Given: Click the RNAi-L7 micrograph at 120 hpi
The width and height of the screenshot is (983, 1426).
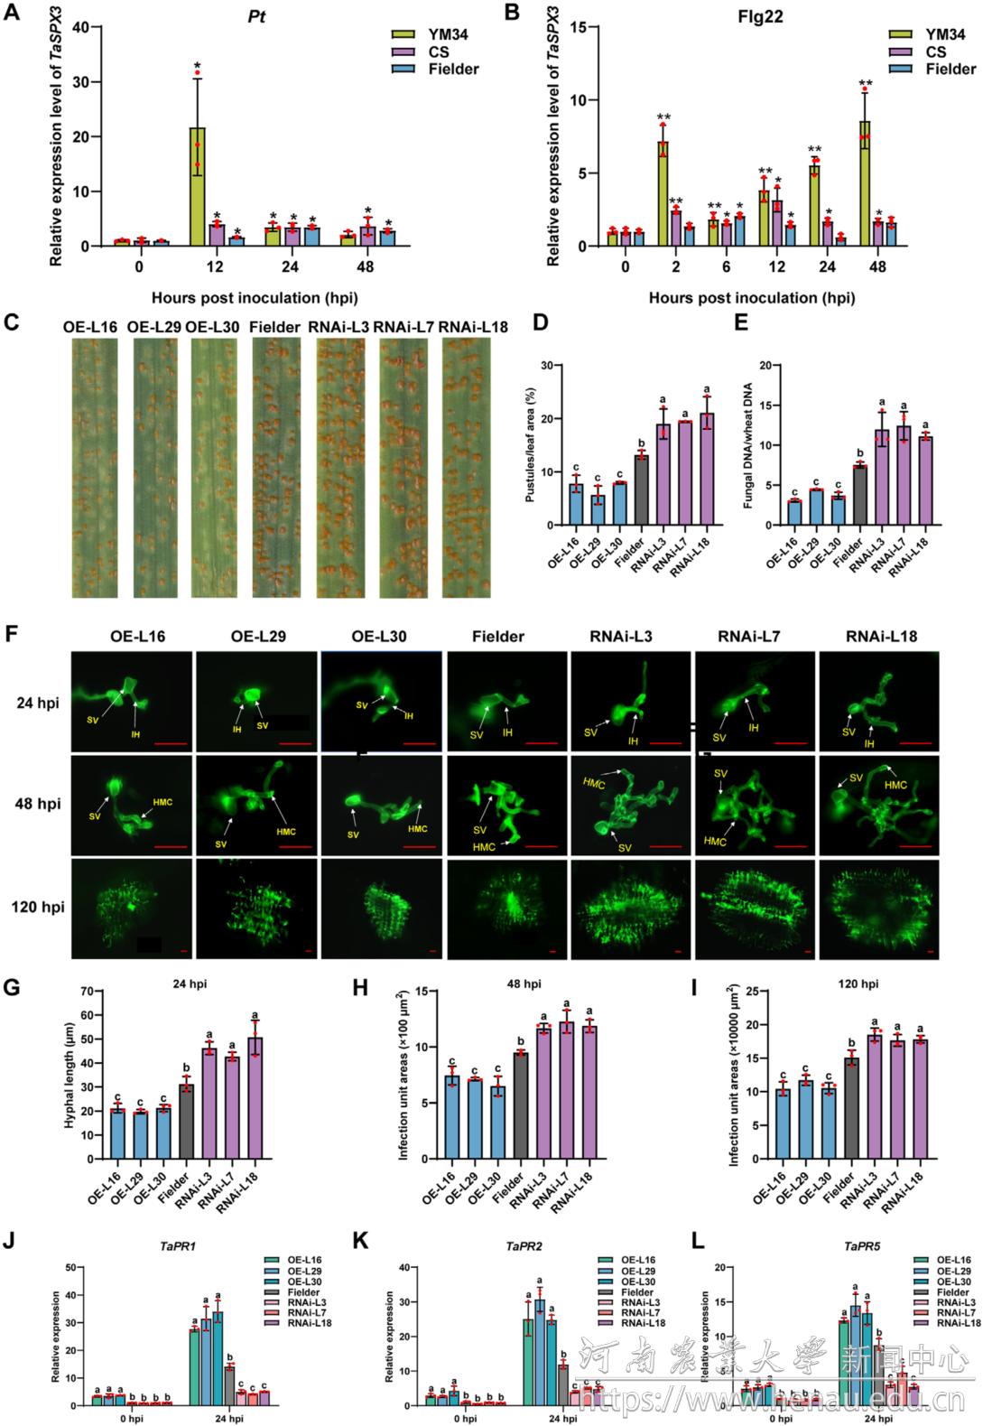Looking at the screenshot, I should pos(754,908).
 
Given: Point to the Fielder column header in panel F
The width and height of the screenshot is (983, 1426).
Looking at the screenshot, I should pos(497,637).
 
